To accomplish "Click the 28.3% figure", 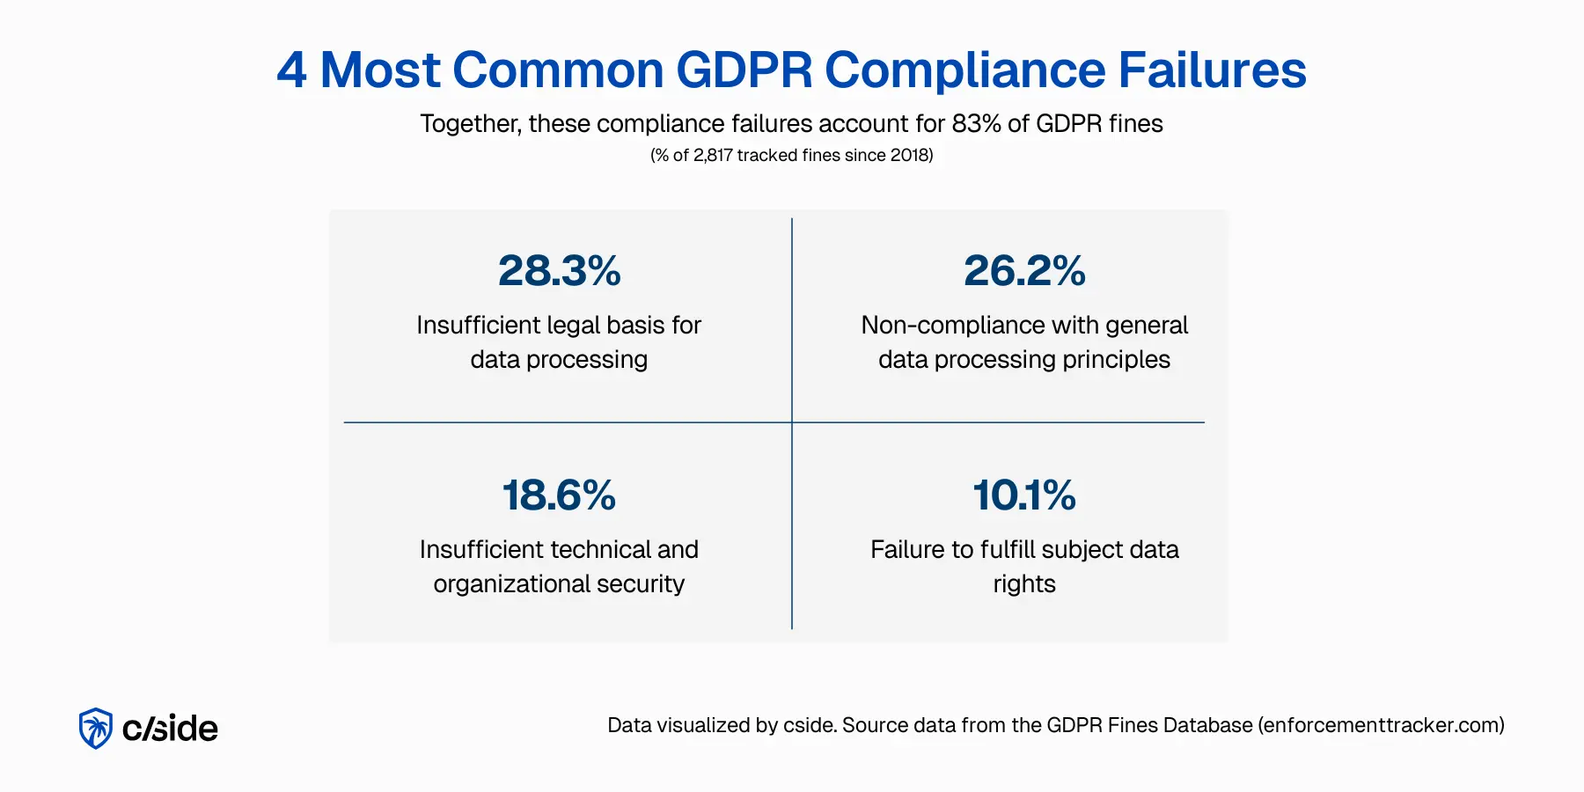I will pos(560,271).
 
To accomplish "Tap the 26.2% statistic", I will pos(1024,271).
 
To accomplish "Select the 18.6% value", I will pos(560,495).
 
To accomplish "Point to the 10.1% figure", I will pos(1024,495).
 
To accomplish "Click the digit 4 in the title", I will pos(292,70).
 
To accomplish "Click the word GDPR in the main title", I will pos(744,70).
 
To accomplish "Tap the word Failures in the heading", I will pos(1212,70).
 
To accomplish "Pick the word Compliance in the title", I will pos(964,70).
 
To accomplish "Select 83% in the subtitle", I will pos(976,124).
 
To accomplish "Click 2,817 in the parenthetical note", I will pos(713,156).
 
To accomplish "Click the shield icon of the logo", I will pos(96,729).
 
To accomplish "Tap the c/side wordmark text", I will pos(170,729).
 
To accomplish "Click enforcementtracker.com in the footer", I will pos(1381,725).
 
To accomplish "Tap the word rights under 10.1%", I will pos(1024,584).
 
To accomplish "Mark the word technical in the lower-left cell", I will pos(599,550).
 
